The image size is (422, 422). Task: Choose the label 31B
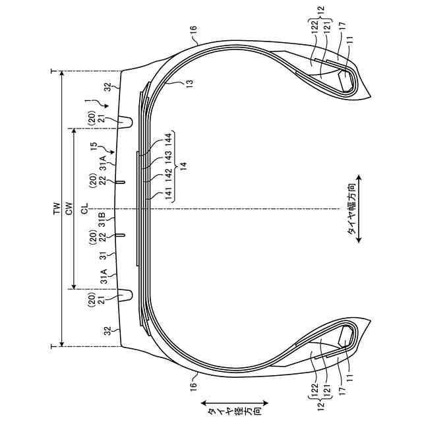[x=102, y=218]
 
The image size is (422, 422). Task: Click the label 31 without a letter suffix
[x=102, y=256]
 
